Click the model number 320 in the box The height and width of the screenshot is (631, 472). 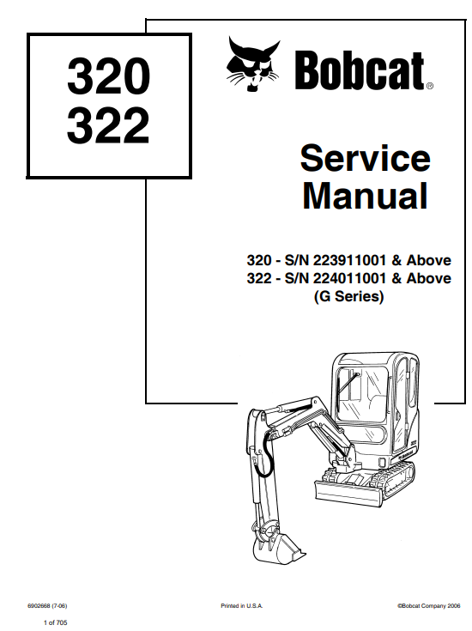point(109,76)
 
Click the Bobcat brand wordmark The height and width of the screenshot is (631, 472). point(360,70)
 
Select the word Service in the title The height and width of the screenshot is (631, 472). point(366,158)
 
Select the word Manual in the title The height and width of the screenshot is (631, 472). point(365,196)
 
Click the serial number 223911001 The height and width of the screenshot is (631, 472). point(349,260)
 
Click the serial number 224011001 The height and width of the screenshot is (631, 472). point(349,278)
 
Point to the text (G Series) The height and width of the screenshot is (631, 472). point(348,296)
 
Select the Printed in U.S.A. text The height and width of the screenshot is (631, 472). point(241,605)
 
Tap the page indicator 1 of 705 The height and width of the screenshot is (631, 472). point(56,622)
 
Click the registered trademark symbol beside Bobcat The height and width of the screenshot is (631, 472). point(429,85)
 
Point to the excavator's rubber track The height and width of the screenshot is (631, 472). point(396,481)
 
